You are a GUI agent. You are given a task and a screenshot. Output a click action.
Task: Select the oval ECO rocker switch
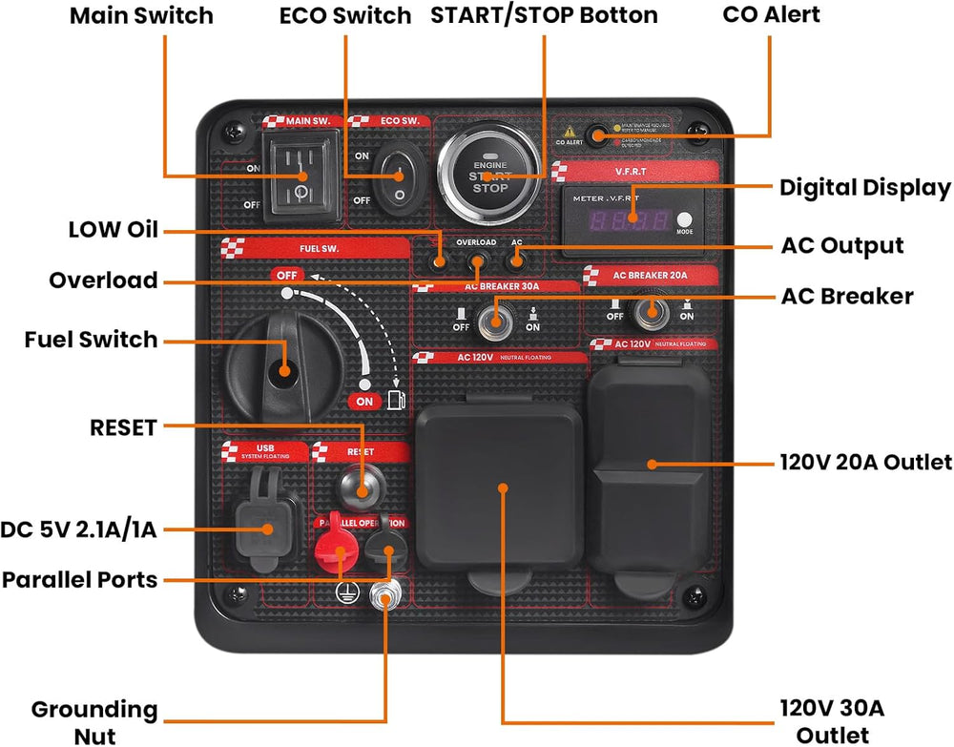tap(394, 177)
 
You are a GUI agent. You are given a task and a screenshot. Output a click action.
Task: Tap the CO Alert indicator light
tap(597, 135)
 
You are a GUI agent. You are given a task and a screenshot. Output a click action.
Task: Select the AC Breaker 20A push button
tap(653, 309)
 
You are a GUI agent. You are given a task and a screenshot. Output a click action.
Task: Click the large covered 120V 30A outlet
tap(501, 488)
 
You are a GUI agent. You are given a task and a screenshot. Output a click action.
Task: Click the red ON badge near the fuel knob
tap(364, 402)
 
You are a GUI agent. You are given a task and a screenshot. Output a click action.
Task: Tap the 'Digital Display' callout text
tap(864, 187)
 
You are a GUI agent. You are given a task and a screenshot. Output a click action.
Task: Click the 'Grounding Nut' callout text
tap(94, 722)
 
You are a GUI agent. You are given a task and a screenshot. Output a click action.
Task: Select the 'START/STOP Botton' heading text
tap(544, 16)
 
